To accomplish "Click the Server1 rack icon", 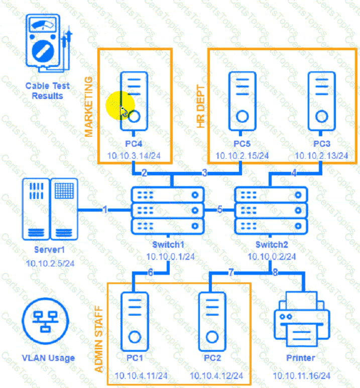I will pos(50,209).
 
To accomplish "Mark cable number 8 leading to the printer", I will pos(275,273).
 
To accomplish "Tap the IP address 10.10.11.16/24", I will pos(301,375).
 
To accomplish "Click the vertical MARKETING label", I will pos(89,107).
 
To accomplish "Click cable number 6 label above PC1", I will pos(150,273).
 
